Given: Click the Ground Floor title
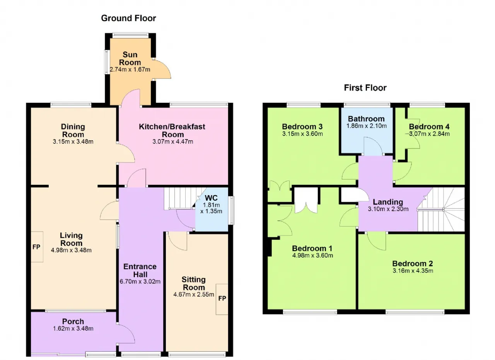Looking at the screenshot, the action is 128,18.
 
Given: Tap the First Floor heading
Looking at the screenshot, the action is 365,88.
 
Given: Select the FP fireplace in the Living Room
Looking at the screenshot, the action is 37,247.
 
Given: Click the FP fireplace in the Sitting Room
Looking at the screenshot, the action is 222,299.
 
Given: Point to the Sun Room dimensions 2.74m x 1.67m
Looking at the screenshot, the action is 130,69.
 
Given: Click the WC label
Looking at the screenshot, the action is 211,198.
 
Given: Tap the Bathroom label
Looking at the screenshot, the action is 366,119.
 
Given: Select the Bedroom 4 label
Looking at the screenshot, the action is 429,126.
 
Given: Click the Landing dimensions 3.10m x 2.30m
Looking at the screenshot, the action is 388,209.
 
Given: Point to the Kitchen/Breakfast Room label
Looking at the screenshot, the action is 172,130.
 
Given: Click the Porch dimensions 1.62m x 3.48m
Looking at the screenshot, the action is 73,328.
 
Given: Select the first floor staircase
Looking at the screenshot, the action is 441,210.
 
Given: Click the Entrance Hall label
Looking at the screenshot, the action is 140,271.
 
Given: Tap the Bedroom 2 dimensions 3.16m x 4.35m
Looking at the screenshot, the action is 413,271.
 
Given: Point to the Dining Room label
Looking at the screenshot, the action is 73,130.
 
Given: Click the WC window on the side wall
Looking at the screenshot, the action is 231,210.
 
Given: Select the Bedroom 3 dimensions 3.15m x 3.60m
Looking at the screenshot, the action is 302,134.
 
